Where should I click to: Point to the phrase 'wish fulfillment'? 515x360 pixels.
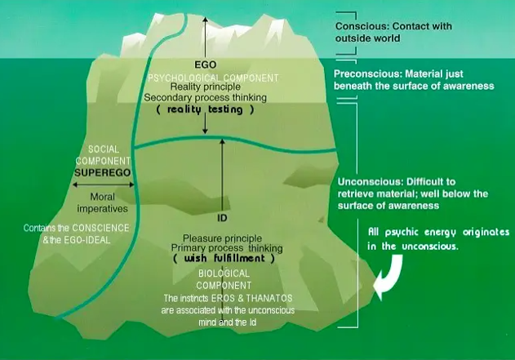tap(222, 258)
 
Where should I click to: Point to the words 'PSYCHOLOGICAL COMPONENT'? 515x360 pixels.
tap(205, 76)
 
